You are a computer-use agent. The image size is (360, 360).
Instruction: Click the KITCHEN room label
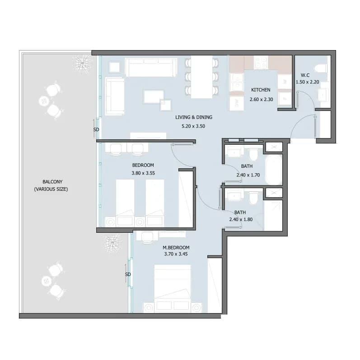(x=261, y=90)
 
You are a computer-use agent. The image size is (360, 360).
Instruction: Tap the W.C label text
(x=305, y=75)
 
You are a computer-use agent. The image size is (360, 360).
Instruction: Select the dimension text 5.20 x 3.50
(x=193, y=126)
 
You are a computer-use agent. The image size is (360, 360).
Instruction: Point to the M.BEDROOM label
(x=176, y=248)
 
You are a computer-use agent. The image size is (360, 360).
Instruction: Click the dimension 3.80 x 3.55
(x=143, y=173)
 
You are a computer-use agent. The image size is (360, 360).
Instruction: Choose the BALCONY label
(x=52, y=182)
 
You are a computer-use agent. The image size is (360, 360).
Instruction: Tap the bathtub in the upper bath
(x=274, y=170)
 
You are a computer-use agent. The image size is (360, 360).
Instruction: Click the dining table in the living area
(x=201, y=77)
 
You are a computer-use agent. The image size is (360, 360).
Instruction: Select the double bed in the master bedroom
(x=173, y=289)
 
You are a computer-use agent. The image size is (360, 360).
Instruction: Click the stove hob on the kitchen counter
(x=261, y=62)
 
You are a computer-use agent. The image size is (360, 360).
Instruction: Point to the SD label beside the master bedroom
(x=128, y=274)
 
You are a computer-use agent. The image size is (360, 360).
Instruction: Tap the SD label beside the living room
(x=96, y=129)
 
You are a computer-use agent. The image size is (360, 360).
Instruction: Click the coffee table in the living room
(x=154, y=97)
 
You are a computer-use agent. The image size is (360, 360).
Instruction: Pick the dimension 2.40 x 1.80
(x=241, y=219)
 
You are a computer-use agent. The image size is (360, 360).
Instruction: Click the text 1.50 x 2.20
(x=307, y=82)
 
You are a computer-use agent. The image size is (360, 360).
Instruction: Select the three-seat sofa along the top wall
(x=151, y=67)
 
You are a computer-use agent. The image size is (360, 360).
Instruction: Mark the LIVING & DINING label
(x=194, y=117)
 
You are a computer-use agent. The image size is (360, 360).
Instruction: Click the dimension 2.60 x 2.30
(x=261, y=99)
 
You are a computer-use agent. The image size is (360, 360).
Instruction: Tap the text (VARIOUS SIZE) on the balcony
(x=51, y=189)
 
